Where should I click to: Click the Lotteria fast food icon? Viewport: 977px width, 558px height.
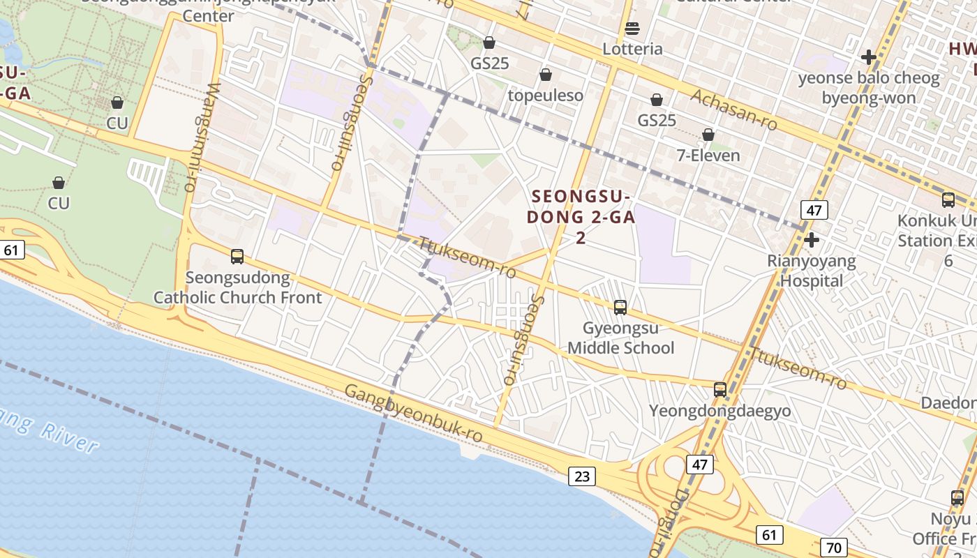(x=632, y=29)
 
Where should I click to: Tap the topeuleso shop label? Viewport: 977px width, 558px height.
(x=545, y=96)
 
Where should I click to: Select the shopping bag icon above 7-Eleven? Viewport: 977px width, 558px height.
(x=708, y=135)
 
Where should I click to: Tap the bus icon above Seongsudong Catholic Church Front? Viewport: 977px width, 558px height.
(x=237, y=257)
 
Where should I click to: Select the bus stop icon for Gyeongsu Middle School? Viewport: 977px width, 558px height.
(x=620, y=307)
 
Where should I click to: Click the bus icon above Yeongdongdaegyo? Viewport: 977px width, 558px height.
(x=720, y=390)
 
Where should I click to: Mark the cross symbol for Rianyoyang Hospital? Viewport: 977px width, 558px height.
(x=811, y=241)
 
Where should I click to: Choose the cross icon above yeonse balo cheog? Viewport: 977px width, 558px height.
(x=869, y=56)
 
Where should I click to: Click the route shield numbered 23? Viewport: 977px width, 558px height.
(x=582, y=476)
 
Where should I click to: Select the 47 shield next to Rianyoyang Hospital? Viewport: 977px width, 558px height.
(x=814, y=209)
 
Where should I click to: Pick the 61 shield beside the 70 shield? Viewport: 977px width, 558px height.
(x=769, y=535)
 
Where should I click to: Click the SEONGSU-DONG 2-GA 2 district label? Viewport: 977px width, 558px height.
(x=580, y=217)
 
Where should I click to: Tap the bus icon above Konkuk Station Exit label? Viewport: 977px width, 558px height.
(x=948, y=200)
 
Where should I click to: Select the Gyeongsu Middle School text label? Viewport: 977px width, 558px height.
(x=620, y=338)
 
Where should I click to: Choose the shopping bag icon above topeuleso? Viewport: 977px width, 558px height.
(x=546, y=75)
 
